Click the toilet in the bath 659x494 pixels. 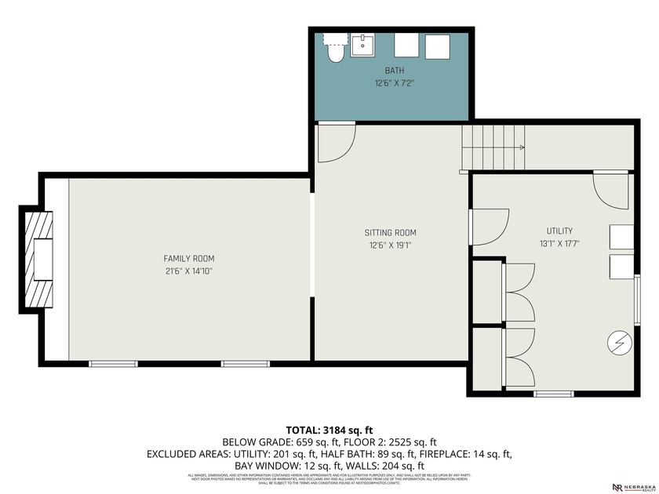(336, 49)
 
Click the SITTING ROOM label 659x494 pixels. (390, 232)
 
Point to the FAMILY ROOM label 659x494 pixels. (188, 258)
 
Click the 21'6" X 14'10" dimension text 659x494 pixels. (188, 271)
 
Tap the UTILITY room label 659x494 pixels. (559, 231)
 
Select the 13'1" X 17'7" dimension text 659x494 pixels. (559, 244)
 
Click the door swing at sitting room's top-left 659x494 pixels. (336, 142)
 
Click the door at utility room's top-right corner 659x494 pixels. (610, 191)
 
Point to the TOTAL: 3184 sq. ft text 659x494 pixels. (329, 430)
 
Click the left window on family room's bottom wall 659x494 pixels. (113, 363)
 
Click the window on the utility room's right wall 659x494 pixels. (637, 298)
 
